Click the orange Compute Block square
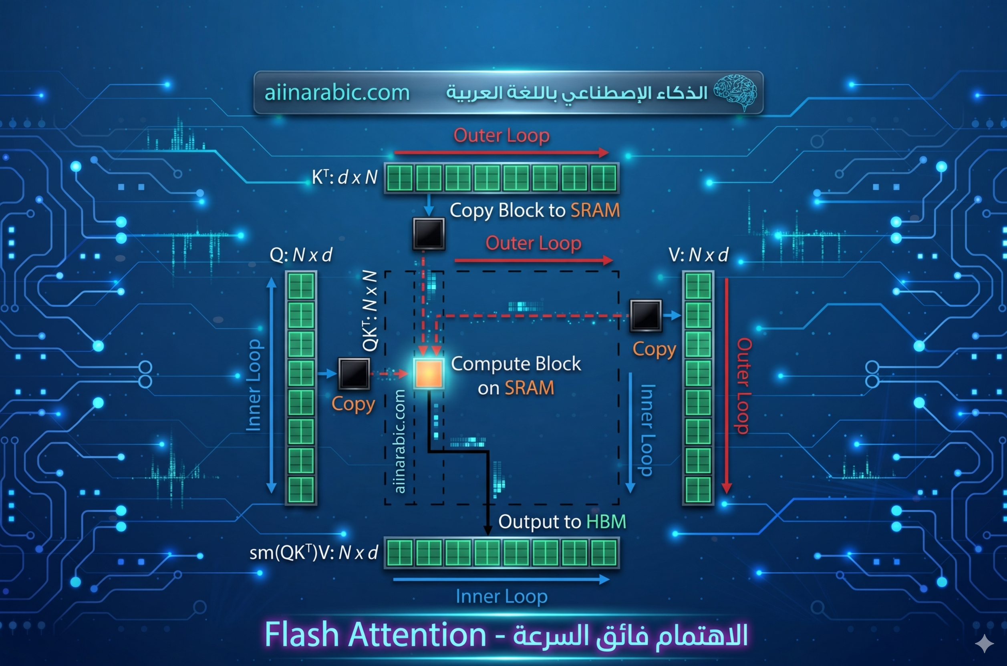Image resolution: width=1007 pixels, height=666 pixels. click(429, 373)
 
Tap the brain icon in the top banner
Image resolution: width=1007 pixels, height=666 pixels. click(735, 92)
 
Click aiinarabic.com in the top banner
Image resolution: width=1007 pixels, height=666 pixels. click(336, 92)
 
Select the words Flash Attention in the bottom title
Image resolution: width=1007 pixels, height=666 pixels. click(375, 634)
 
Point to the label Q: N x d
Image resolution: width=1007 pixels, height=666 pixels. click(301, 255)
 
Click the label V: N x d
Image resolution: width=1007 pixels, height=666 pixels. click(699, 255)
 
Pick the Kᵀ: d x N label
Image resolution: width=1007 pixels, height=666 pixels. click(345, 177)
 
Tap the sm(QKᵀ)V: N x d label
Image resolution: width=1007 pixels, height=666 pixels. click(314, 553)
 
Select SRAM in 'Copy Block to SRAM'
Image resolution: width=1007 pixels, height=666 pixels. click(595, 210)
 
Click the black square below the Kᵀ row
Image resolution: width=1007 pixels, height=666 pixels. click(429, 233)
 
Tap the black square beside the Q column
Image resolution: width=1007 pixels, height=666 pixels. click(354, 373)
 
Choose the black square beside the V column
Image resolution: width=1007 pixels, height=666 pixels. click(646, 315)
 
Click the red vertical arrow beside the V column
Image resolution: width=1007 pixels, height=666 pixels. click(727, 386)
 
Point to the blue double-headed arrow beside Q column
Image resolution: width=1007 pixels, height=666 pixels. click(271, 385)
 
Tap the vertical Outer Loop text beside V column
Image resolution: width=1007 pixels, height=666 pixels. click(743, 386)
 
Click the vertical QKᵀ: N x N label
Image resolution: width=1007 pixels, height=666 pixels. click(370, 311)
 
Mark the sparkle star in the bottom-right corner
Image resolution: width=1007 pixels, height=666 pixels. click(984, 644)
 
